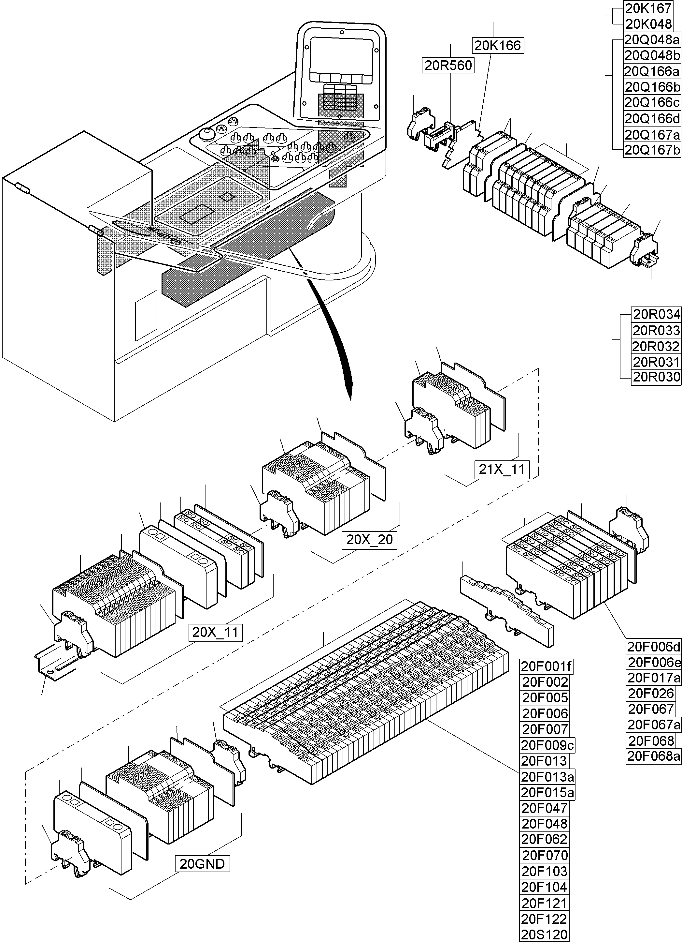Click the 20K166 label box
[x=497, y=45]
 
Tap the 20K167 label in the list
[x=648, y=8]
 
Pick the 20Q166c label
[x=652, y=102]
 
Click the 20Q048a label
[x=652, y=40]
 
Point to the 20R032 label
[x=656, y=346]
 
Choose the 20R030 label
[x=656, y=377]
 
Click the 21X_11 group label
[x=502, y=469]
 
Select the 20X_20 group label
[x=369, y=540]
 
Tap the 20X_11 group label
[x=215, y=632]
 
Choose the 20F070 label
[x=545, y=856]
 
